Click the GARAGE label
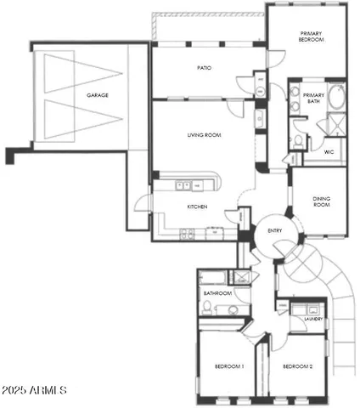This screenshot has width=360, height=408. coord(98,96)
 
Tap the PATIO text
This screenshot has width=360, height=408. coord(204,67)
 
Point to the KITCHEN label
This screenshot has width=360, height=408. coord(198,206)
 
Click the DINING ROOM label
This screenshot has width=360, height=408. coord(321,201)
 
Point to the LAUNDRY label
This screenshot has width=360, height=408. coord(312,319)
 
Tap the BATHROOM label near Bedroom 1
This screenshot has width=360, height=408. coord(217,293)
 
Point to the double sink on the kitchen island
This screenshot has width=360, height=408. coord(184,184)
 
